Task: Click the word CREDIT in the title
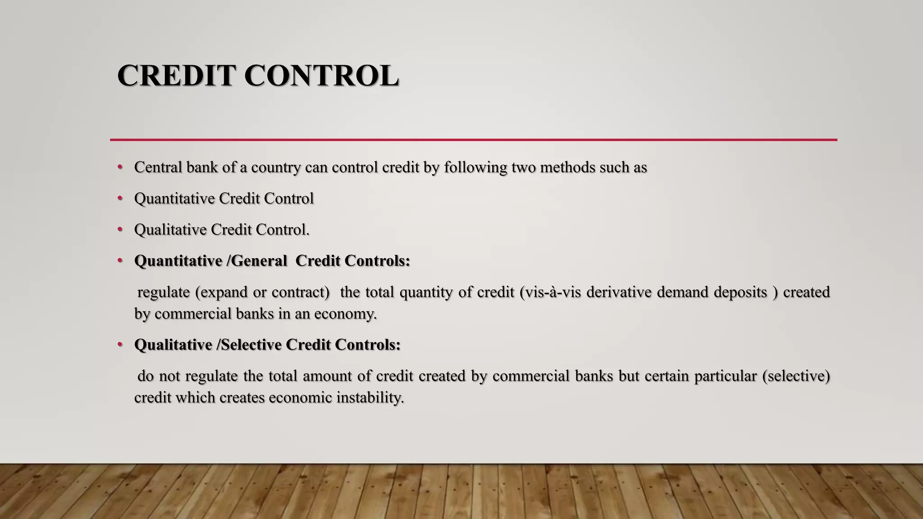pyautogui.click(x=176, y=75)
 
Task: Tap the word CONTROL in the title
pyautogui.click(x=322, y=75)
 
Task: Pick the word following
pyautogui.click(x=475, y=168)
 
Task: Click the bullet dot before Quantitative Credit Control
pyautogui.click(x=120, y=198)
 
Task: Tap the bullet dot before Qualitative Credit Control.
pyautogui.click(x=120, y=229)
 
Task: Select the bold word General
pyautogui.click(x=259, y=261)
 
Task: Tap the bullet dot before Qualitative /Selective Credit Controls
pyautogui.click(x=120, y=345)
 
